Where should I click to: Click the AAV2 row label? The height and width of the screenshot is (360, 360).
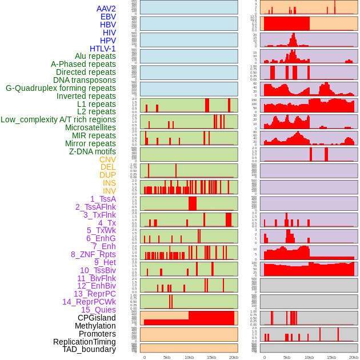[106, 9]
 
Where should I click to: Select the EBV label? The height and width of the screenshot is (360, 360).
[108, 17]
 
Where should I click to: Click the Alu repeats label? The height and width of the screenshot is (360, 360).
[95, 56]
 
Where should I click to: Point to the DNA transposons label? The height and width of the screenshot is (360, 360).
[85, 80]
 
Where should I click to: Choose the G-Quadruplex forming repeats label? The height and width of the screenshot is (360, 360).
[61, 88]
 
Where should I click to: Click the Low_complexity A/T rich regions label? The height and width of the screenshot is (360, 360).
[58, 119]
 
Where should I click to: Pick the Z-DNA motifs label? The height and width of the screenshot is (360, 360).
[92, 151]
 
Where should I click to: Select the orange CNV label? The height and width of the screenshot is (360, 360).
[107, 159]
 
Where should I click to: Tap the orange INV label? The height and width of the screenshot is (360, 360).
[109, 191]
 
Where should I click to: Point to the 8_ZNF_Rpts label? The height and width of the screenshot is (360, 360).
[93, 254]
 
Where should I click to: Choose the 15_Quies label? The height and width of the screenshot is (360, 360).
[98, 310]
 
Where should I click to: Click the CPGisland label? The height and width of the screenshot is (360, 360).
[97, 318]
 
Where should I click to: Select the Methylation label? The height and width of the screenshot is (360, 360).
[95, 326]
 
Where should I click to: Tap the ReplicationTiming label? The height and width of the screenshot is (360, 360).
[85, 341]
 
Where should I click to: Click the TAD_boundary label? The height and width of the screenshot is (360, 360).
[89, 349]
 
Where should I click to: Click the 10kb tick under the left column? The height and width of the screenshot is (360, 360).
[189, 357]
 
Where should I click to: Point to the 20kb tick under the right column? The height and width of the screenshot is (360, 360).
[354, 357]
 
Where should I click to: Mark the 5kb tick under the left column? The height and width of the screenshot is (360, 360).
[167, 357]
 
